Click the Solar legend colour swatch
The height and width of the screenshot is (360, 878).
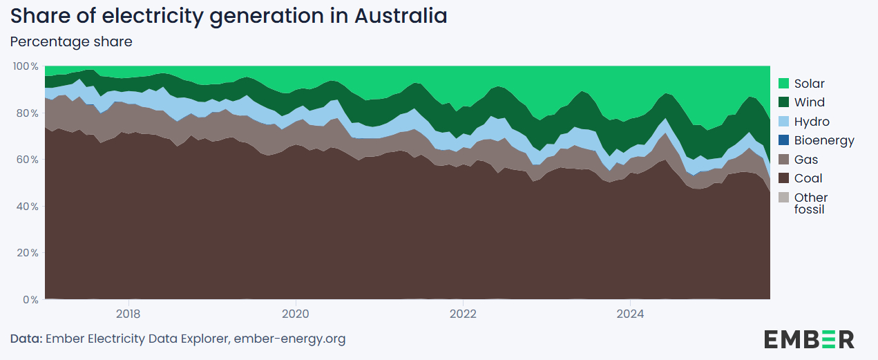pyautogui.click(x=783, y=84)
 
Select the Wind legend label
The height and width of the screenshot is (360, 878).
pyautogui.click(x=809, y=102)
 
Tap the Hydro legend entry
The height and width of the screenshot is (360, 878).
pyautogui.click(x=812, y=122)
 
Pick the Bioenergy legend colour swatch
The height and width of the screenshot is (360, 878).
pyautogui.click(x=783, y=140)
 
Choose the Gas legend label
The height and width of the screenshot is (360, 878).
pyautogui.click(x=806, y=160)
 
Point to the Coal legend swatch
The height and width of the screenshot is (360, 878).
pyautogui.click(x=783, y=178)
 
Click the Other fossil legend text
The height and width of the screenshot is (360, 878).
pyautogui.click(x=810, y=203)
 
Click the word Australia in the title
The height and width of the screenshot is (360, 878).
pyautogui.click(x=401, y=16)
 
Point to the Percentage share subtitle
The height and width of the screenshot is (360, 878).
pyautogui.click(x=71, y=41)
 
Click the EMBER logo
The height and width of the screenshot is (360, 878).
pyautogui.click(x=809, y=339)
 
